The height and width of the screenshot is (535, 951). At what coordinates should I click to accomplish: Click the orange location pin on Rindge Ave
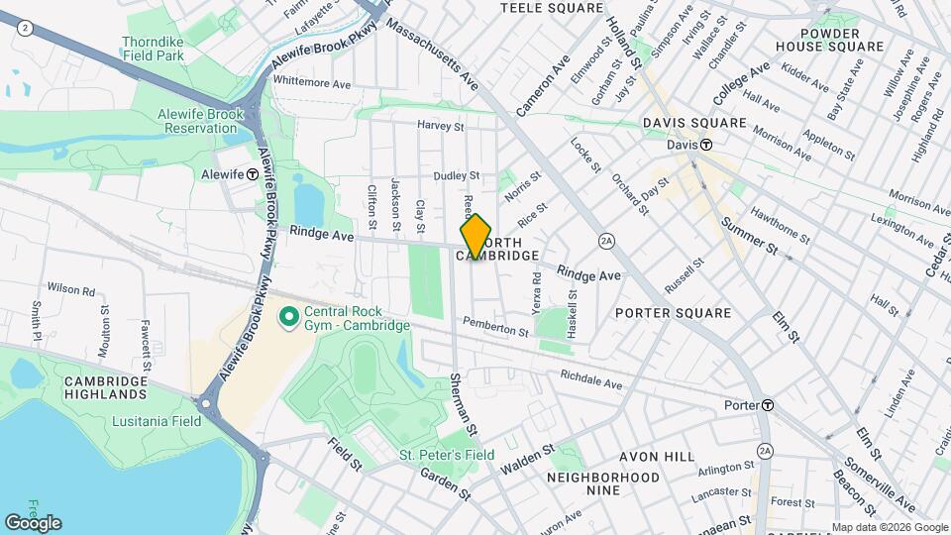[476, 236]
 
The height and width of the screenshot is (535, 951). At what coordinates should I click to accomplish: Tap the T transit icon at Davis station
[706, 145]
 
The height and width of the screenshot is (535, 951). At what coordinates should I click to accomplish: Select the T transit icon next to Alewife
[253, 173]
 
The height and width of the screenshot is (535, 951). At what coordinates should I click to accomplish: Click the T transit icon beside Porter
[768, 405]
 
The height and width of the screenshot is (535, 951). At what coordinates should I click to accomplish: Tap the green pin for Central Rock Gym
[289, 317]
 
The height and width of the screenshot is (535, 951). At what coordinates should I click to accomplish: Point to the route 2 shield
[23, 29]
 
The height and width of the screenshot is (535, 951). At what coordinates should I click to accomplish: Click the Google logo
[33, 522]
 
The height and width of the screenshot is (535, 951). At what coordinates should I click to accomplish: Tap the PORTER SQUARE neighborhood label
[673, 313]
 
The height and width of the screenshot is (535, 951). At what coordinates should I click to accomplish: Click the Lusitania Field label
[143, 421]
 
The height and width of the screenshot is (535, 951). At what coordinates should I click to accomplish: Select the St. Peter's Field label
[447, 455]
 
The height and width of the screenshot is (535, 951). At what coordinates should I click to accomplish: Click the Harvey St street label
[441, 126]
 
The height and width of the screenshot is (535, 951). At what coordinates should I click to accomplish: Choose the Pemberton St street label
[495, 327]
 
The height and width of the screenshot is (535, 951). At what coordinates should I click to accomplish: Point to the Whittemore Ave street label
[312, 83]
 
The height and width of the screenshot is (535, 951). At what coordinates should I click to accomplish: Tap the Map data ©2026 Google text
[889, 527]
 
